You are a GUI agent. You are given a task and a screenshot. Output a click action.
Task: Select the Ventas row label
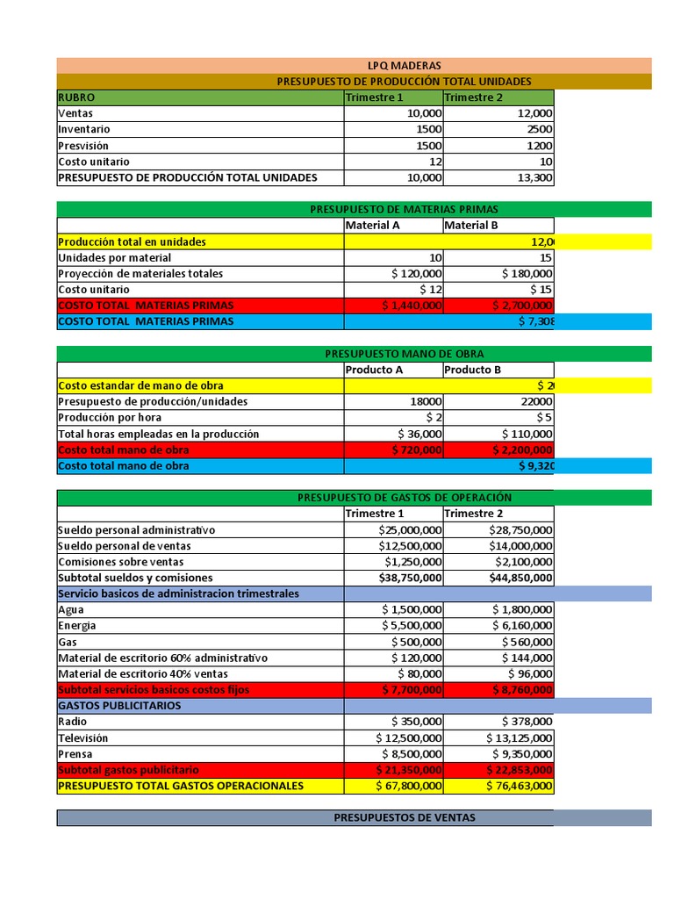(75, 113)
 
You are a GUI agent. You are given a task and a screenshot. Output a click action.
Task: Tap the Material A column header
(373, 226)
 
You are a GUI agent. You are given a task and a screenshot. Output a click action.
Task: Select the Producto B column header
(473, 370)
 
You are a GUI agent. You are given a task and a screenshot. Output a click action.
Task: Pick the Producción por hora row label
(110, 418)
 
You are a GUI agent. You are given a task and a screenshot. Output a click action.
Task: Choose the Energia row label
(77, 626)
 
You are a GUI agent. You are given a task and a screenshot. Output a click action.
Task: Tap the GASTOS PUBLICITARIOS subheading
(119, 706)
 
